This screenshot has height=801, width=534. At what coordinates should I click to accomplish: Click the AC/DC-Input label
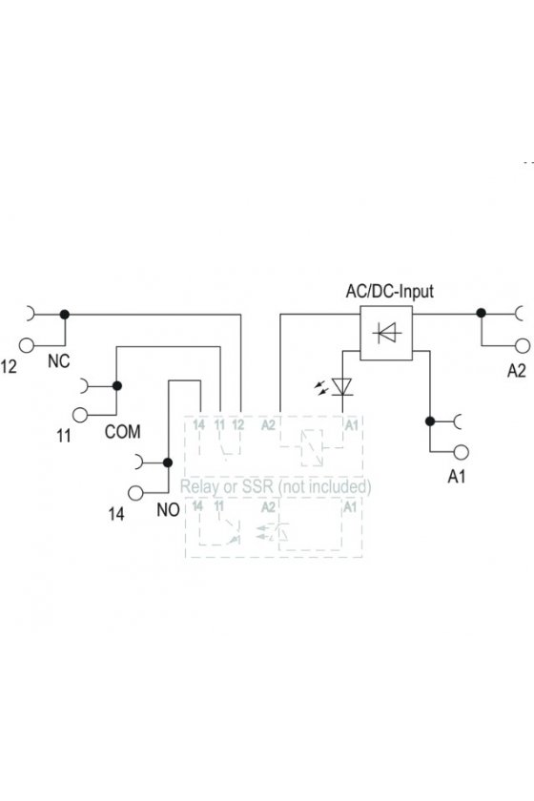(389, 291)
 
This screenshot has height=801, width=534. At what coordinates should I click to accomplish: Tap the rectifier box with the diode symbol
(386, 333)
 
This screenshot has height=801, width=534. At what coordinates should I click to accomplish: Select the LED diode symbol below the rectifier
(341, 387)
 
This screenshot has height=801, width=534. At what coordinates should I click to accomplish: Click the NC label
(59, 361)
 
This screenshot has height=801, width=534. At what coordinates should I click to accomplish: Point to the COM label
(123, 432)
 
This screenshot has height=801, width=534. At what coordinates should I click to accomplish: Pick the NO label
(168, 509)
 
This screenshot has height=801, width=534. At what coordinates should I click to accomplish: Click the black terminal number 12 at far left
(9, 366)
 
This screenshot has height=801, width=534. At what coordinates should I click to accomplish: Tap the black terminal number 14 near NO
(116, 513)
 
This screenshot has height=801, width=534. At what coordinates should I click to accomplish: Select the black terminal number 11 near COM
(64, 436)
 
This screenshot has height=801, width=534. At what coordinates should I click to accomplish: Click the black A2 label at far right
(516, 370)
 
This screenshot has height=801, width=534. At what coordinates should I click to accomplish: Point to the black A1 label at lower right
(457, 476)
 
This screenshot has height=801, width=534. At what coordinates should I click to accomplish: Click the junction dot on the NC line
(65, 315)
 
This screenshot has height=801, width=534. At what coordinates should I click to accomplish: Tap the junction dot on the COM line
(117, 385)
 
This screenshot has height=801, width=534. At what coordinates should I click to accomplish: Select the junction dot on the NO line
(168, 462)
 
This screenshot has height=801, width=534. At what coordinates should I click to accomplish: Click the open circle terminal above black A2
(523, 346)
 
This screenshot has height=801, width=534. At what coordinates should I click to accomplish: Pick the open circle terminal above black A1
(461, 452)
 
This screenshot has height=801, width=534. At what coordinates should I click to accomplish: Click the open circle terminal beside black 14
(135, 493)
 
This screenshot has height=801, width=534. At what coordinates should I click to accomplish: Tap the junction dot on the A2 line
(481, 313)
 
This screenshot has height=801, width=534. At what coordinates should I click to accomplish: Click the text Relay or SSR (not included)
(276, 486)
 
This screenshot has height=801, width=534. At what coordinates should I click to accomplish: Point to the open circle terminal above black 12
(27, 345)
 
